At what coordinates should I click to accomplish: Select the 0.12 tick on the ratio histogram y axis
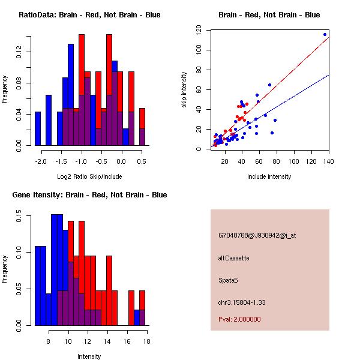18,53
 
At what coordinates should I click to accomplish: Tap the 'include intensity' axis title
269,176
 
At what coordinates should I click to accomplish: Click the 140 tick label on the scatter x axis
329,161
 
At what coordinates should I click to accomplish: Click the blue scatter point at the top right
325,34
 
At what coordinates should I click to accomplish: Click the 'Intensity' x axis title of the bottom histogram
89,356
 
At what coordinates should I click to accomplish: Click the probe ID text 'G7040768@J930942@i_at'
257,235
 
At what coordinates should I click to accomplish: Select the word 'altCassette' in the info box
233,258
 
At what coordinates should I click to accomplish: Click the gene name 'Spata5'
229,280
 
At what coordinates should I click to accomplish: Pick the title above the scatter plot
269,15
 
